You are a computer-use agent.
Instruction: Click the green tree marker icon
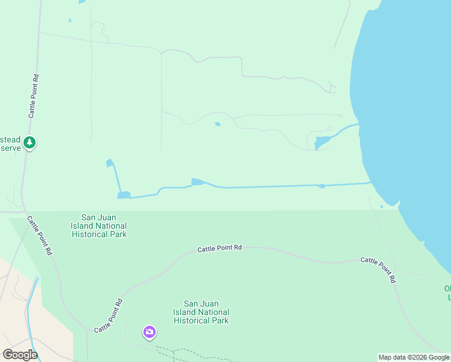click(x=29, y=143)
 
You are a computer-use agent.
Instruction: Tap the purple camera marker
click(x=149, y=332)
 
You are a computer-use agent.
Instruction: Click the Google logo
click(x=20, y=355)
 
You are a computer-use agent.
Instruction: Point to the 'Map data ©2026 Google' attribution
click(x=414, y=357)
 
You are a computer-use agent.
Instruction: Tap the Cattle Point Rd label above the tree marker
click(x=34, y=95)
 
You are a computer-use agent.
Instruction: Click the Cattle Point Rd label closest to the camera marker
click(x=109, y=315)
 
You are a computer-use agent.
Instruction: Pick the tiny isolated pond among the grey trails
click(x=217, y=124)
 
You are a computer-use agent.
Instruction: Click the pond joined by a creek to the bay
click(x=321, y=142)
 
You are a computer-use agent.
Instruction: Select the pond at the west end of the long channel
click(x=124, y=195)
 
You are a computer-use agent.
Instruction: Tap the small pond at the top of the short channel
click(x=110, y=163)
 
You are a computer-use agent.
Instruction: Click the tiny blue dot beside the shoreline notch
click(x=381, y=207)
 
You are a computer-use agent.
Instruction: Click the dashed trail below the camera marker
click(x=181, y=352)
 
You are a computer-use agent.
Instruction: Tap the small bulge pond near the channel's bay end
click(x=322, y=186)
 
